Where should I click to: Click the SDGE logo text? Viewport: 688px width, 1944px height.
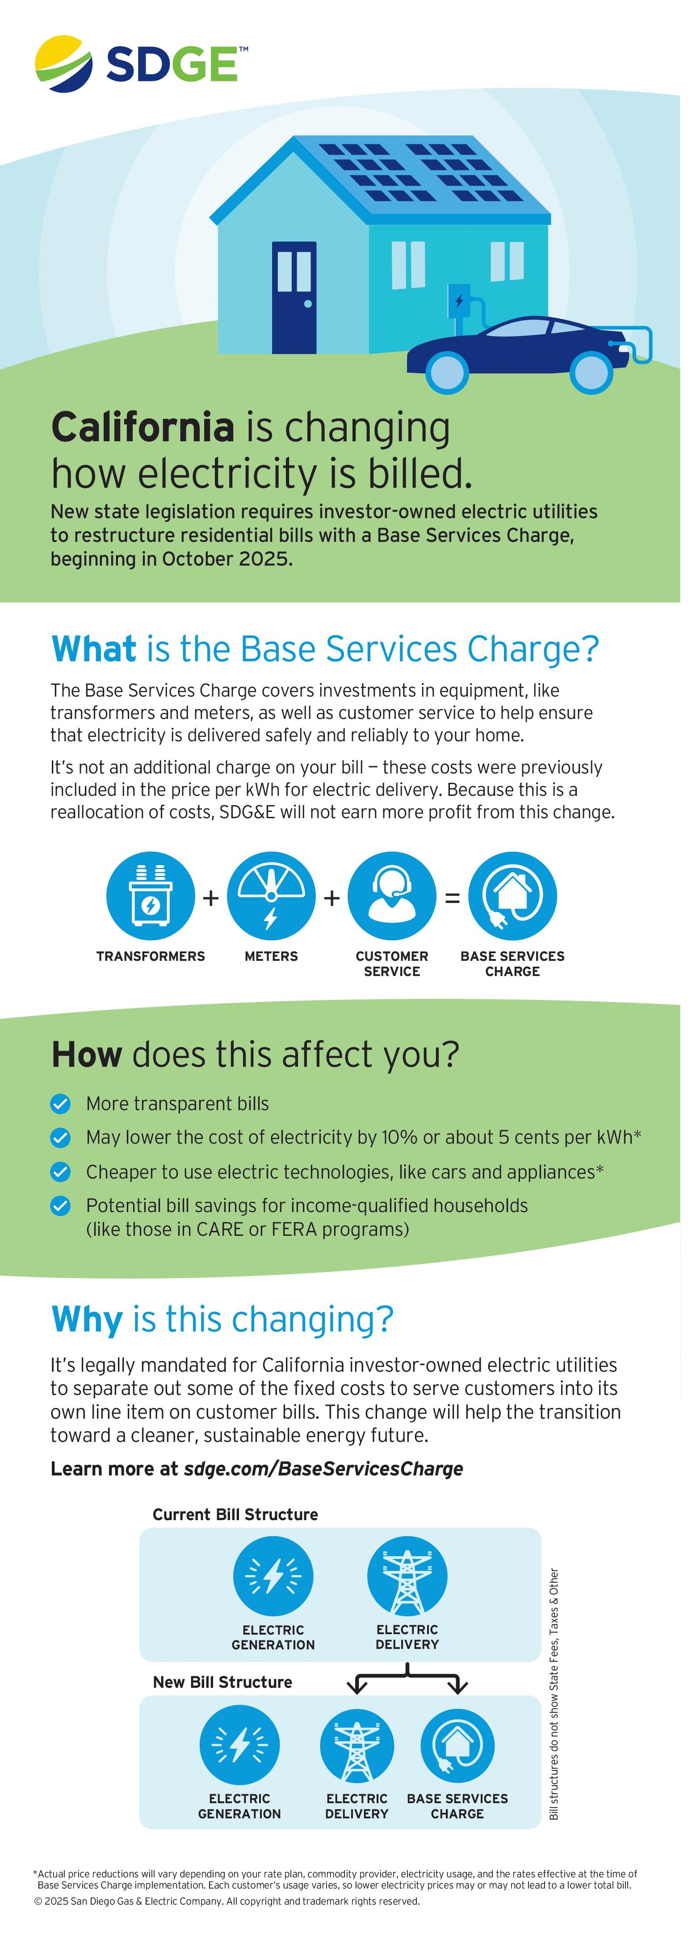coord(173,64)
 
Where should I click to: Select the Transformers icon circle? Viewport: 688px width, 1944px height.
coord(151,896)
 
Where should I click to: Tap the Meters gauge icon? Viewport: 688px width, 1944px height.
coord(272,896)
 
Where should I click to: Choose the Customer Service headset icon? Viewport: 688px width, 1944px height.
coord(392,896)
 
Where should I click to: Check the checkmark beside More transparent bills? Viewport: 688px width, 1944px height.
coord(60,1104)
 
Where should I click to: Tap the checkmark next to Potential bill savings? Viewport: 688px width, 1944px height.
coord(60,1206)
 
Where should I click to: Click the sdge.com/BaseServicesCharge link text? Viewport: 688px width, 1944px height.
coord(323,1469)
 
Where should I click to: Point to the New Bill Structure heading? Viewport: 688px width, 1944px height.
coord(222,1682)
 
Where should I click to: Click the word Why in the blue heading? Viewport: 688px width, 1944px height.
coord(87,1320)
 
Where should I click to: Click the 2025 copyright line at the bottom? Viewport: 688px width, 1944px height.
coord(227,1901)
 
